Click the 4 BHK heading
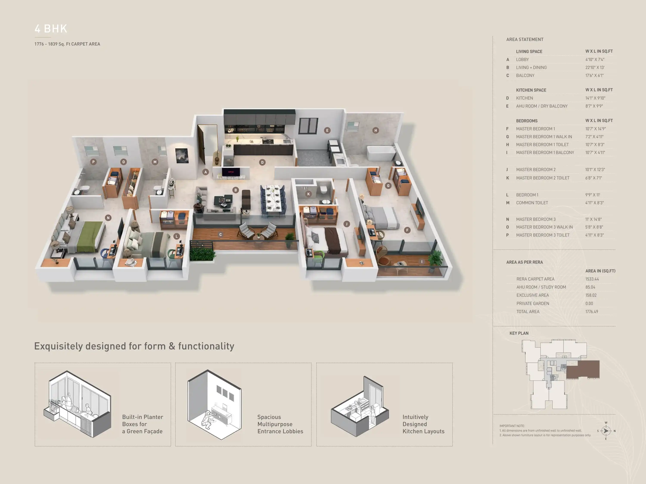(51, 29)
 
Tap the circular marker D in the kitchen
(262, 162)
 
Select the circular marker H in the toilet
(376, 130)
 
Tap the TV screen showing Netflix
(231, 172)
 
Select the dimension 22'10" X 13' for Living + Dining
(595, 67)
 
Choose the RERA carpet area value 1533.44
(592, 279)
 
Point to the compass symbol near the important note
(606, 431)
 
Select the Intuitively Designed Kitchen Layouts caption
(423, 424)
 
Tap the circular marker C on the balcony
(221, 234)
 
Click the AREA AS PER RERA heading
(525, 262)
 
